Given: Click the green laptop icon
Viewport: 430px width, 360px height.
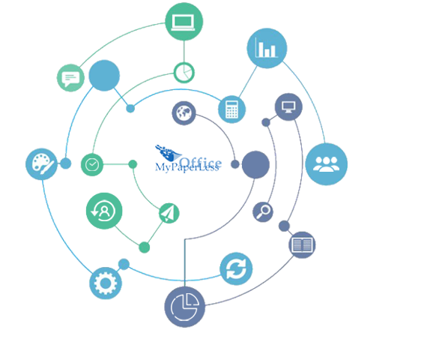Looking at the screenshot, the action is tap(184, 22).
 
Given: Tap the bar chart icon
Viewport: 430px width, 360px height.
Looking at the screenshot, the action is tap(267, 48).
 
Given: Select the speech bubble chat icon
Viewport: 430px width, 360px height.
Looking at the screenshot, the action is tap(70, 78).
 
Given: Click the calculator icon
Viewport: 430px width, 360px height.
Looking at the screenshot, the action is tap(231, 109).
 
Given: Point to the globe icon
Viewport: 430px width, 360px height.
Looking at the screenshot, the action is tap(184, 113).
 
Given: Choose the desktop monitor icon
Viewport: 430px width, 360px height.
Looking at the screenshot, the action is tap(288, 106).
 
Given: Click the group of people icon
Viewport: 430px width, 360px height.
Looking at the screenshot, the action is tap(327, 164).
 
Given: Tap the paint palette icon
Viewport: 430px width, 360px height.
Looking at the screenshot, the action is tap(41, 164).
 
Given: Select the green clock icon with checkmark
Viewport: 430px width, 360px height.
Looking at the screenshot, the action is tap(92, 165).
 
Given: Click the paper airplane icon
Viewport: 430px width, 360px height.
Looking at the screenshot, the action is tap(169, 213).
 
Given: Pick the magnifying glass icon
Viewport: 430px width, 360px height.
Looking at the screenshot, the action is tap(263, 212).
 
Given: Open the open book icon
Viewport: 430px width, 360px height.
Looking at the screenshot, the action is tap(302, 245).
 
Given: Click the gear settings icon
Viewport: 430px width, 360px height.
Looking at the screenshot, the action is tap(106, 283).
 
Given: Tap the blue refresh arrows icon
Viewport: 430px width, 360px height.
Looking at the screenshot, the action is tap(236, 268).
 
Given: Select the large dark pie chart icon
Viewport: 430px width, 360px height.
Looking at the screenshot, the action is tap(184, 307).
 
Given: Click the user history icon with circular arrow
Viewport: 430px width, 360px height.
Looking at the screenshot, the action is tap(104, 211).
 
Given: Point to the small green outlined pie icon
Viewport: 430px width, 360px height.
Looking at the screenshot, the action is tap(184, 73).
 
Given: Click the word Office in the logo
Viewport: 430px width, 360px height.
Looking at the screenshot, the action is tap(201, 163).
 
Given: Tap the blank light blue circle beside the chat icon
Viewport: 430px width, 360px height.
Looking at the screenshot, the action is tap(104, 76).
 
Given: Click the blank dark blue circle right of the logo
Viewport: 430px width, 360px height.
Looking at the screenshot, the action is tap(255, 165).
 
